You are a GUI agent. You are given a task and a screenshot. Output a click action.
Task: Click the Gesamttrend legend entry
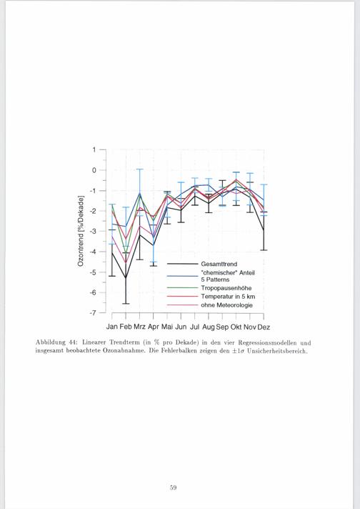[219, 264]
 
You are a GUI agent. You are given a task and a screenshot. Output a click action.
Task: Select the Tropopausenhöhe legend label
[226, 288]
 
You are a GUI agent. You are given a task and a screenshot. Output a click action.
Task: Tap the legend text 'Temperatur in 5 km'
[228, 297]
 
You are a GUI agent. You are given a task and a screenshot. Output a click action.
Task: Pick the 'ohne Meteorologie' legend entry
[226, 305]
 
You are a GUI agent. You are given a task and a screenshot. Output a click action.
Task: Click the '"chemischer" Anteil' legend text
[228, 272]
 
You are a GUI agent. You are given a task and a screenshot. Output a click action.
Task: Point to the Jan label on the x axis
[112, 327]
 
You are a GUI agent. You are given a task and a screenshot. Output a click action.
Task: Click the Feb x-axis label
[126, 327]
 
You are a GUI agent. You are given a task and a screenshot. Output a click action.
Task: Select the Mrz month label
[139, 327]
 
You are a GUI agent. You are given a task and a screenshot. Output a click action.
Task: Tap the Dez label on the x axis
[264, 327]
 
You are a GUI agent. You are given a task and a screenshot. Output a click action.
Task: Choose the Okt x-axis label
[236, 327]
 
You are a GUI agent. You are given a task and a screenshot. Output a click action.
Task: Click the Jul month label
[194, 327]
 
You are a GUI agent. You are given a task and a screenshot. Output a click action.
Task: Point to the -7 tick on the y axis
[93, 313]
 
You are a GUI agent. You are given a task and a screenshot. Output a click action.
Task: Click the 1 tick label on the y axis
[94, 149]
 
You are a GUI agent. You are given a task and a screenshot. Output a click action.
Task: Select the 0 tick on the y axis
[94, 170]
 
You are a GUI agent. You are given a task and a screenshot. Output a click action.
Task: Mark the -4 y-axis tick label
[93, 252]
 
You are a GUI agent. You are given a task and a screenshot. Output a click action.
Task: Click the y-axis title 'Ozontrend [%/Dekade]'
[81, 231]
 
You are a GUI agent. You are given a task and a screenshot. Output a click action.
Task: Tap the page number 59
[173, 488]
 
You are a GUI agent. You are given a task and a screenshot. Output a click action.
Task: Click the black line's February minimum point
[126, 278]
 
